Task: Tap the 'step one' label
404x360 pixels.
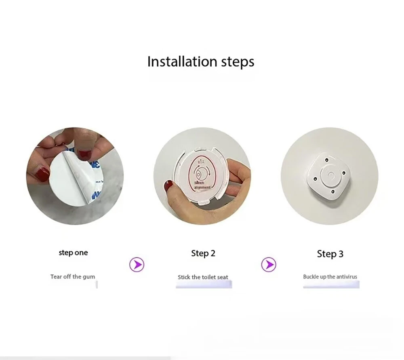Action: (73, 253)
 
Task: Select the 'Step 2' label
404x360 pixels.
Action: (203, 253)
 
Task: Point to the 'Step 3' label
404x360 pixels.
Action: (330, 254)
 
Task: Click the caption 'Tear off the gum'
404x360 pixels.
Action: (73, 277)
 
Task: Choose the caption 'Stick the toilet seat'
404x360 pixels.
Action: (203, 277)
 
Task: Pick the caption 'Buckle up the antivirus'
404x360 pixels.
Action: (330, 277)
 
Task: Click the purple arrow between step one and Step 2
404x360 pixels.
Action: (137, 265)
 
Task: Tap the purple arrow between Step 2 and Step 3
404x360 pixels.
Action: (268, 265)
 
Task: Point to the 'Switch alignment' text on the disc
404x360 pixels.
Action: (202, 185)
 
